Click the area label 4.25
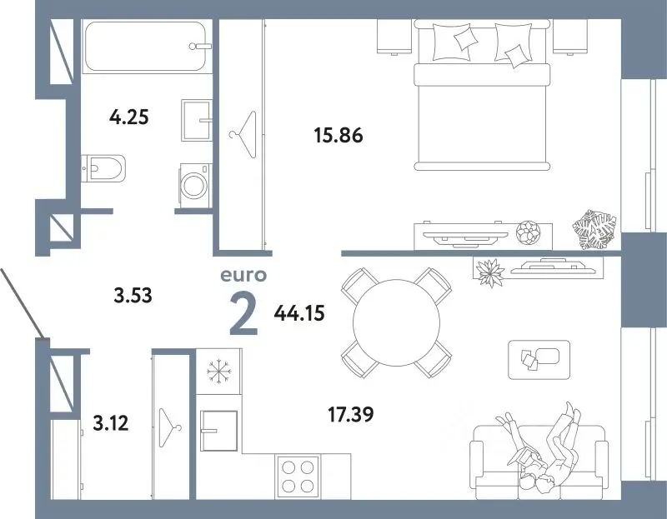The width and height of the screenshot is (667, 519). [x=129, y=117]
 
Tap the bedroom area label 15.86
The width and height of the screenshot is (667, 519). [x=339, y=135]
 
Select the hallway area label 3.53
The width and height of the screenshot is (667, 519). [x=133, y=295]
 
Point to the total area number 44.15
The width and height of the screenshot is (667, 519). [x=299, y=313]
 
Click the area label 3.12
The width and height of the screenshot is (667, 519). [x=111, y=423]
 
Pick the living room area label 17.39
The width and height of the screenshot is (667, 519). [x=351, y=414]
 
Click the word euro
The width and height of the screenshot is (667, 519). [x=243, y=276]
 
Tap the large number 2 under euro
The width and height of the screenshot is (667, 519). [x=244, y=315]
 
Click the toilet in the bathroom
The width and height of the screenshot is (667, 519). [x=103, y=168]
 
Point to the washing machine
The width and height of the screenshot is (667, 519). [x=195, y=186]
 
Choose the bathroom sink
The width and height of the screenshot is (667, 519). [x=197, y=120]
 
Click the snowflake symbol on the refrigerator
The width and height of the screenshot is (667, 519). [x=219, y=372]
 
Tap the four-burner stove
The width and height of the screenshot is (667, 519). [x=298, y=477]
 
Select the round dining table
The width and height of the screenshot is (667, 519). [x=396, y=322]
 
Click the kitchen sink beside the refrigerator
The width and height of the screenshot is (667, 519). [x=218, y=431]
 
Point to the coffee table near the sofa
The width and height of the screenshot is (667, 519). [x=539, y=360]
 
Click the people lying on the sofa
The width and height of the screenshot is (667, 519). [x=543, y=448]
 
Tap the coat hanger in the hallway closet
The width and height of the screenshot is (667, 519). [x=170, y=427]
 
